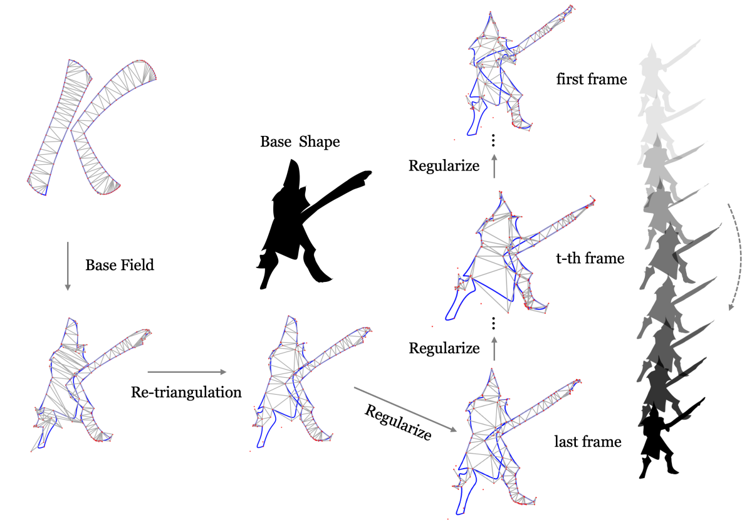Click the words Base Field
120,265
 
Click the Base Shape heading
300,142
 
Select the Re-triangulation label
186,393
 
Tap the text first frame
591,80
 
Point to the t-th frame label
590,257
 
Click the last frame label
588,442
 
